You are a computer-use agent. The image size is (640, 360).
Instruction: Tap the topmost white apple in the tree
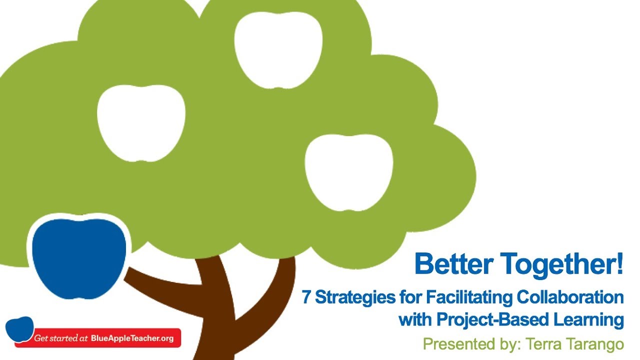[x=278, y=49]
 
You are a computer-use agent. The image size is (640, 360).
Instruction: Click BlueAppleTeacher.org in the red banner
[x=132, y=338]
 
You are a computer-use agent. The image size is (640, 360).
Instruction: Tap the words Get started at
[x=61, y=338]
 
